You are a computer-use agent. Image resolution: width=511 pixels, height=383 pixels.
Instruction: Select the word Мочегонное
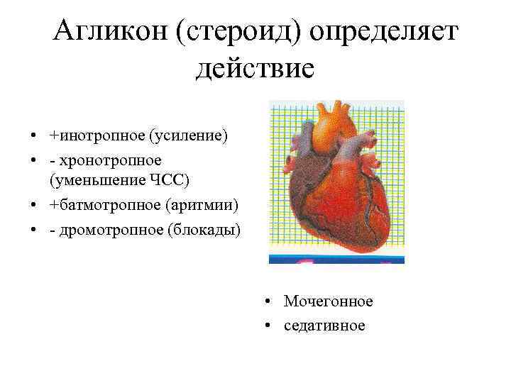tap(328, 301)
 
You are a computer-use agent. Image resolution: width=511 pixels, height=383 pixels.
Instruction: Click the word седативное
tap(324, 326)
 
